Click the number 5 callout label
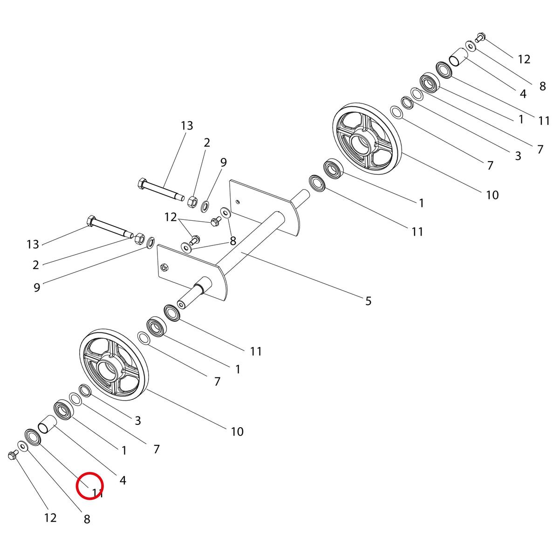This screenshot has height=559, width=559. (x=368, y=301)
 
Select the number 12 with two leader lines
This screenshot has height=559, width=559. (x=170, y=217)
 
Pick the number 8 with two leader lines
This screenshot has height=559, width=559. (x=233, y=241)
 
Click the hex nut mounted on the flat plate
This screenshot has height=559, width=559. (x=164, y=267)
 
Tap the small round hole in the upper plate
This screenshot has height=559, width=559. (x=238, y=202)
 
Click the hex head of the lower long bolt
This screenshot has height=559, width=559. (x=91, y=221)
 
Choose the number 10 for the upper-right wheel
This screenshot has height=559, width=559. (x=492, y=195)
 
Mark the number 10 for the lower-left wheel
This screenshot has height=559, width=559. (x=237, y=432)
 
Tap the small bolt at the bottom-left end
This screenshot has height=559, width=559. (x=12, y=455)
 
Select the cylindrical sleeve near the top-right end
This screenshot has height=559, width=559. (x=458, y=57)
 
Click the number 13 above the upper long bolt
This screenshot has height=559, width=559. (x=187, y=126)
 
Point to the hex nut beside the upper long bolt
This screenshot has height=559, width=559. (x=193, y=201)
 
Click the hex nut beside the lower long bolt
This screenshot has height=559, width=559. (x=140, y=238)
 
